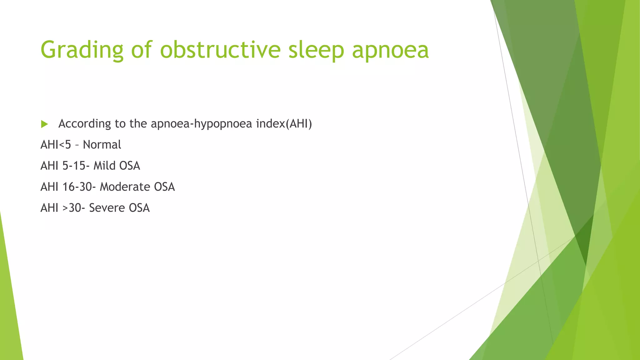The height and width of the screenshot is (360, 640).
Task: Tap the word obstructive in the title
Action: pyautogui.click(x=220, y=50)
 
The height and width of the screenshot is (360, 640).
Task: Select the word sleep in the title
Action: pyautogui.click(x=316, y=50)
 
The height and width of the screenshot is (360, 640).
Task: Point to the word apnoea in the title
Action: pyautogui.click(x=390, y=50)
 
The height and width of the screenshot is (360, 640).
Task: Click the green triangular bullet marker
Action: pyautogui.click(x=44, y=124)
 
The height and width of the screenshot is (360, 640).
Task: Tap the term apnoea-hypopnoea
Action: pyautogui.click(x=201, y=124)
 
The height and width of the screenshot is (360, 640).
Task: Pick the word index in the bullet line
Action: pyautogui.click(x=270, y=124)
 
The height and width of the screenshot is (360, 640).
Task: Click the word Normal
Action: pyautogui.click(x=102, y=145)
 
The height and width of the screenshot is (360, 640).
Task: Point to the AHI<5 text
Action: pyautogui.click(x=56, y=145)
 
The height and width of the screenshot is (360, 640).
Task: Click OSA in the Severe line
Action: pyautogui.click(x=139, y=208)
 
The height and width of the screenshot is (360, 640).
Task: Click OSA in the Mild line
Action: pyautogui.click(x=129, y=166)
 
